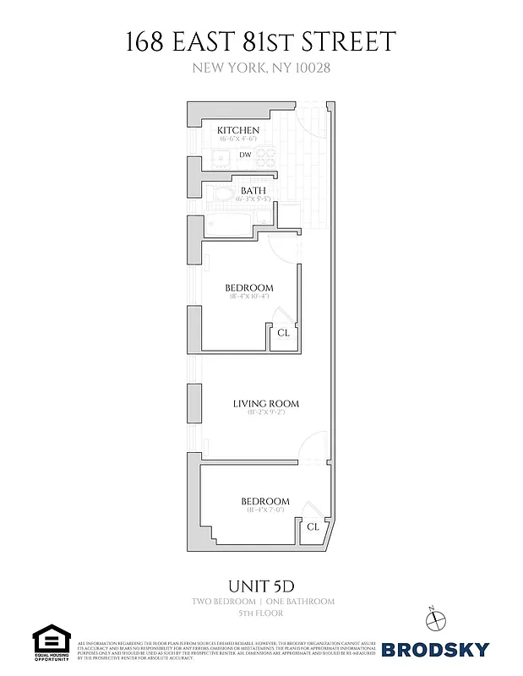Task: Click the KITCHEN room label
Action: tap(239, 130)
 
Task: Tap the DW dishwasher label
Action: tap(245, 155)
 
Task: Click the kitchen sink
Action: tap(219, 156)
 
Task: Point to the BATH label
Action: tap(253, 191)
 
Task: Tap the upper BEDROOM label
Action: tap(249, 288)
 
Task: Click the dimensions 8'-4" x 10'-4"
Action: tap(249, 297)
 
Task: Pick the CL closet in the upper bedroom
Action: tap(284, 333)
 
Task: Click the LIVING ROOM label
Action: tap(266, 404)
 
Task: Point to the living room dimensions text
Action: tap(266, 414)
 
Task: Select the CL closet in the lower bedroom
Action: tap(313, 526)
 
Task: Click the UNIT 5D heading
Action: tap(261, 584)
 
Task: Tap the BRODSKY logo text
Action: tap(435, 650)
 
